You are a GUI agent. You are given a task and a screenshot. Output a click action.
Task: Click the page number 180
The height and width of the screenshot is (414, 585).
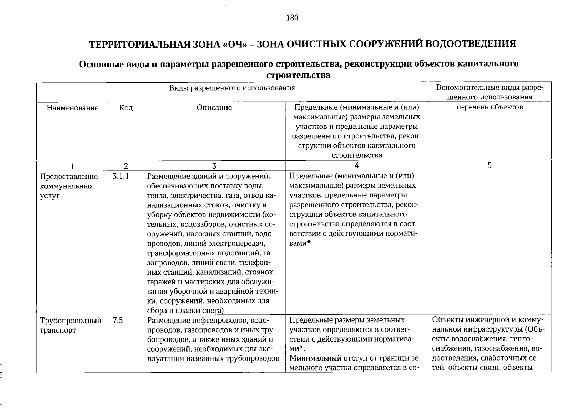click(x=292, y=18)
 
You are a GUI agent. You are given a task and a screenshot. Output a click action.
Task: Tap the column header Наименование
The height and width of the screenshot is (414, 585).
click(x=72, y=108)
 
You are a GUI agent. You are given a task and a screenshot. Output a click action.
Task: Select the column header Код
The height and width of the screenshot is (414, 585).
click(x=126, y=108)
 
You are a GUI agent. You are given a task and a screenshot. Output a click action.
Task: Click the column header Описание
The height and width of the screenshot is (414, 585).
click(x=214, y=108)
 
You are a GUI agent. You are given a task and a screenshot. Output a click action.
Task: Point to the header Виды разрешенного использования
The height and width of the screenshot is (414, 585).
click(x=232, y=88)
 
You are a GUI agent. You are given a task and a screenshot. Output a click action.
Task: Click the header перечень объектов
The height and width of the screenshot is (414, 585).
click(x=490, y=107)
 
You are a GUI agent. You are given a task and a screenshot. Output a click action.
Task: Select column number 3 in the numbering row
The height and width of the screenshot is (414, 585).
click(x=214, y=166)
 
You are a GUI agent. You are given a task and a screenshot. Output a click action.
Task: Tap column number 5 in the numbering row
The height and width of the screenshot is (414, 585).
click(x=490, y=166)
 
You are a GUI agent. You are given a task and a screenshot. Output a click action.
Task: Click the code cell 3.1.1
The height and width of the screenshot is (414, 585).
click(x=121, y=177)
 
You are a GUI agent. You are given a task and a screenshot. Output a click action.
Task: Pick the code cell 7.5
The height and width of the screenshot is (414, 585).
click(x=118, y=321)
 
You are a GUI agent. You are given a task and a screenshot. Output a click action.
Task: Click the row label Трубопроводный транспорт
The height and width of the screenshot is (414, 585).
click(x=70, y=325)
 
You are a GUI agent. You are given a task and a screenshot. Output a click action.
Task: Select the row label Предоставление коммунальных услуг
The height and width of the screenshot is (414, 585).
click(x=69, y=186)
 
